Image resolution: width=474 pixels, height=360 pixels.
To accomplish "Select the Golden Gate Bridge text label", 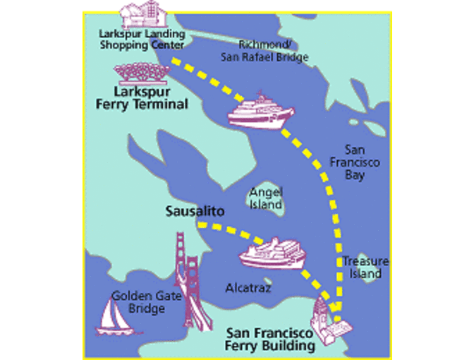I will tap(138, 302).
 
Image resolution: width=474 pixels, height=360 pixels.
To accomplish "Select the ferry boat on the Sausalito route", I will tap(272, 253).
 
